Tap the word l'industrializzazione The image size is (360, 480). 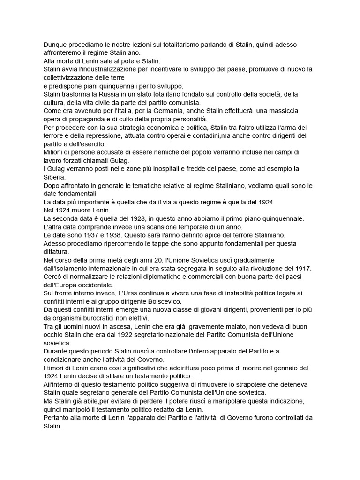tap(97, 69)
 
